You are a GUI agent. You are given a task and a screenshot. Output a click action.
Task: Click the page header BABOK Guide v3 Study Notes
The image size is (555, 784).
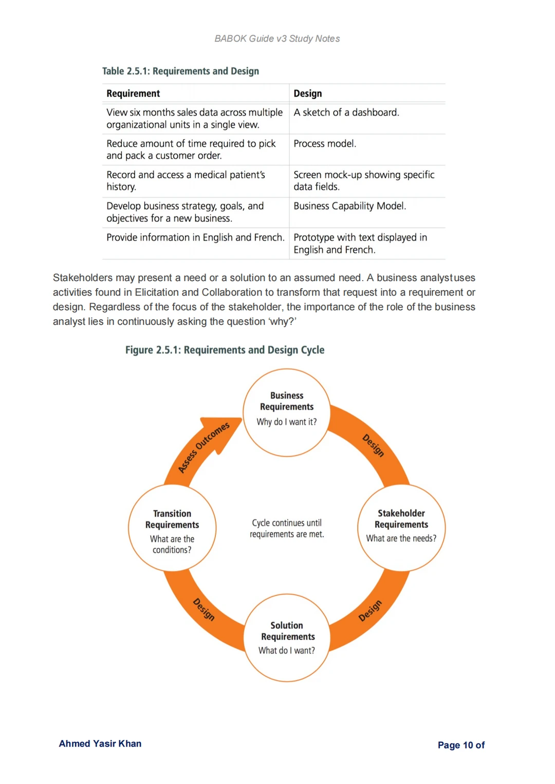(277, 39)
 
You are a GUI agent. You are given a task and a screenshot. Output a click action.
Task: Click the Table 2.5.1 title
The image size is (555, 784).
(180, 71)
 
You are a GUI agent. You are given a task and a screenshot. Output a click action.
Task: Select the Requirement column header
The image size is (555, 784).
(133, 94)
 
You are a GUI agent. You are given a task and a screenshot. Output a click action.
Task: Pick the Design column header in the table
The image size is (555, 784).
(308, 94)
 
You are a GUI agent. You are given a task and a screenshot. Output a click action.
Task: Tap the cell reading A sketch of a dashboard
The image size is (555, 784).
(346, 113)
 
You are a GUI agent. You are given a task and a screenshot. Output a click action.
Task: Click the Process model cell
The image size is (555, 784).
(325, 144)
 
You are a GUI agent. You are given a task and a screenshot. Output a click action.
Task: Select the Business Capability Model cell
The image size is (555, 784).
(350, 206)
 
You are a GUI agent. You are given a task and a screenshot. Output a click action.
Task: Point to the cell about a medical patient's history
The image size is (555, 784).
(186, 181)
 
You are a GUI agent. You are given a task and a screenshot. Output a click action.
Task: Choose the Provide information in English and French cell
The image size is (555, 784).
(195, 237)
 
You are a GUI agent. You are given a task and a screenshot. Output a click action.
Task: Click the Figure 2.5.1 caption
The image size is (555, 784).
(225, 350)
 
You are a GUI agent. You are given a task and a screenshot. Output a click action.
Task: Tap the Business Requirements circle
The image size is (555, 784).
(287, 412)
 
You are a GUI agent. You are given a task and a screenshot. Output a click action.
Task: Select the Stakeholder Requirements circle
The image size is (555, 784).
(401, 527)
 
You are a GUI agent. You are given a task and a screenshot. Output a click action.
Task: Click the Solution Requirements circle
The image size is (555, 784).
(287, 638)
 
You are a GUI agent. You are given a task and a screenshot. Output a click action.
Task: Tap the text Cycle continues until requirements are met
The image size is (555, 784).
(287, 529)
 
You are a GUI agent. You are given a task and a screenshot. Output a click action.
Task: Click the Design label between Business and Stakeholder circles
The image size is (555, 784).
(373, 445)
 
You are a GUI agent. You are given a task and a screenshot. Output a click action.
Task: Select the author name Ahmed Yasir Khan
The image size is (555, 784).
(100, 743)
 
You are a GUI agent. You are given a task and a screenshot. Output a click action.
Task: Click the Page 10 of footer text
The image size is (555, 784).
(461, 745)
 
